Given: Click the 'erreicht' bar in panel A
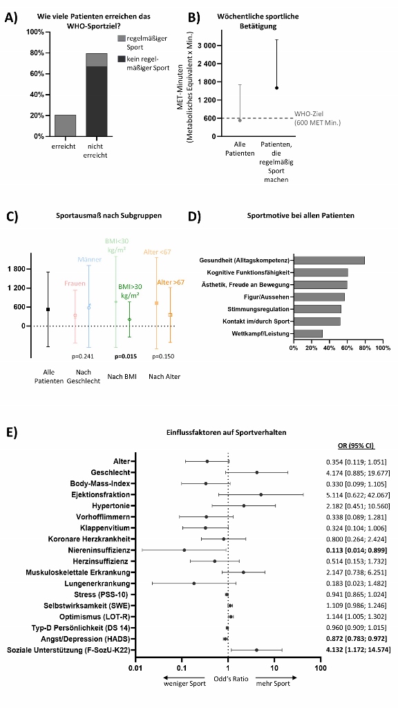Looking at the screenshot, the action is [x=66, y=126].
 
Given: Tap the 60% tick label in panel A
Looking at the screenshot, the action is [x=36, y=73].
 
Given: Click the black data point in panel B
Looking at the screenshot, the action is [x=276, y=88].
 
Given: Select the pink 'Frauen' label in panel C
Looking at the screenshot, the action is [x=75, y=283].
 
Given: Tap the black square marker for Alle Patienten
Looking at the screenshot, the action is [x=48, y=309].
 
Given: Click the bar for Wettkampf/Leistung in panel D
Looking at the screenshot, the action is [x=307, y=334].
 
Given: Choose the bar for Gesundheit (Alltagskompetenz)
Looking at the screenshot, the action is [x=329, y=261].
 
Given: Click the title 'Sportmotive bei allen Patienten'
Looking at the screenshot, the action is [x=301, y=216].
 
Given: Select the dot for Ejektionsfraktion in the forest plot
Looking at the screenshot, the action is [x=260, y=495].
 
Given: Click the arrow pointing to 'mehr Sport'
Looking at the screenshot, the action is [x=276, y=678].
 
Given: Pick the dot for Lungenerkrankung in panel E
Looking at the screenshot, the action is [x=194, y=584].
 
